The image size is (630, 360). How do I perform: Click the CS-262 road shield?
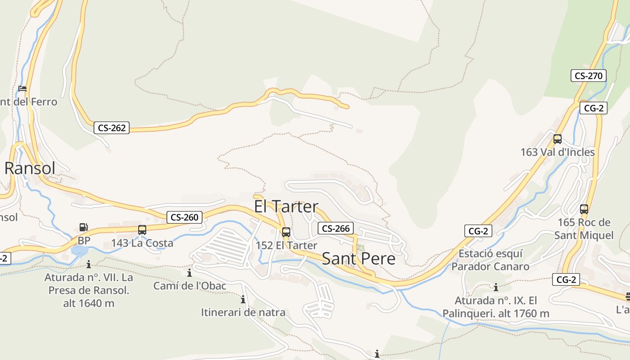click(x=112, y=128)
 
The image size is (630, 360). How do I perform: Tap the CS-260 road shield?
click(x=184, y=217)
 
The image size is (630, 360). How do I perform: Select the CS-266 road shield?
click(x=336, y=228)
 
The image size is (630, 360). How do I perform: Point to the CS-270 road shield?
click(x=589, y=76)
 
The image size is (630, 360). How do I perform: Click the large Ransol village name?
click(x=30, y=168)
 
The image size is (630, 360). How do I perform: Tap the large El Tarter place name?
click(x=286, y=207)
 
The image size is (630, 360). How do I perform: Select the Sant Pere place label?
click(x=359, y=259)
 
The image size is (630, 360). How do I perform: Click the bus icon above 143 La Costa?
click(x=142, y=230)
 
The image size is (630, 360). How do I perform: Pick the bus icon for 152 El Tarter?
click(x=286, y=232)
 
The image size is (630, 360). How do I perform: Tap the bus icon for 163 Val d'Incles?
click(x=558, y=139)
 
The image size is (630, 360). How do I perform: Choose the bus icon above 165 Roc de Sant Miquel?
click(x=584, y=209)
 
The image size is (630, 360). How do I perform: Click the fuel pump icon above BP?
click(x=83, y=227)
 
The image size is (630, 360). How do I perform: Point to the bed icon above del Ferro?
click(x=22, y=89)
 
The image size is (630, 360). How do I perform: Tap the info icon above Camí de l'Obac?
click(x=189, y=273)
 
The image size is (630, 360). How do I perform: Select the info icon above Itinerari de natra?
click(x=243, y=299)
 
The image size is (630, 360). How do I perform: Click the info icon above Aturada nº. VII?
click(x=89, y=264)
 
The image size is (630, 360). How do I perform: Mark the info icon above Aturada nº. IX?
click(x=496, y=288)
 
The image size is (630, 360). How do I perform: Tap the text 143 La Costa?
click(x=142, y=243)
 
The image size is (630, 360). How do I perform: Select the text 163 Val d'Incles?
click(x=558, y=152)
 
